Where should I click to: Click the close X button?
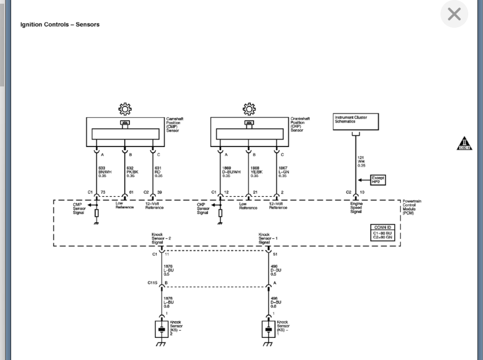454,14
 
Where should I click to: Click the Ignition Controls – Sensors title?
60,24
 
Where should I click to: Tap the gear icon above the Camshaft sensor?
125,109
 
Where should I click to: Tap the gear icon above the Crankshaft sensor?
249,109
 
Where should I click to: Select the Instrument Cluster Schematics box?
356,122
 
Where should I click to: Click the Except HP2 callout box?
378,180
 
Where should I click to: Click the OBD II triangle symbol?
464,144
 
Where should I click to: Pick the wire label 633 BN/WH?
105,172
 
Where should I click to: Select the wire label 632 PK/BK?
132,172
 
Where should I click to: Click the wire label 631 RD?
159,172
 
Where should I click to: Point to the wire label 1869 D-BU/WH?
231,172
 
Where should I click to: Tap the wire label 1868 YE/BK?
257,172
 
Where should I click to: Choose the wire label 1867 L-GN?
283,172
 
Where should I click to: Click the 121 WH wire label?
361,162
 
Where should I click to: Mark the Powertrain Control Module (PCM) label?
411,207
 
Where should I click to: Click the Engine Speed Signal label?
356,207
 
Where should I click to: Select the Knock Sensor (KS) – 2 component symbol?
162,330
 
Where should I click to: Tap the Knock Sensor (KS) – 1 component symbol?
269,330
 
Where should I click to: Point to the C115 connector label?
153,283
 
